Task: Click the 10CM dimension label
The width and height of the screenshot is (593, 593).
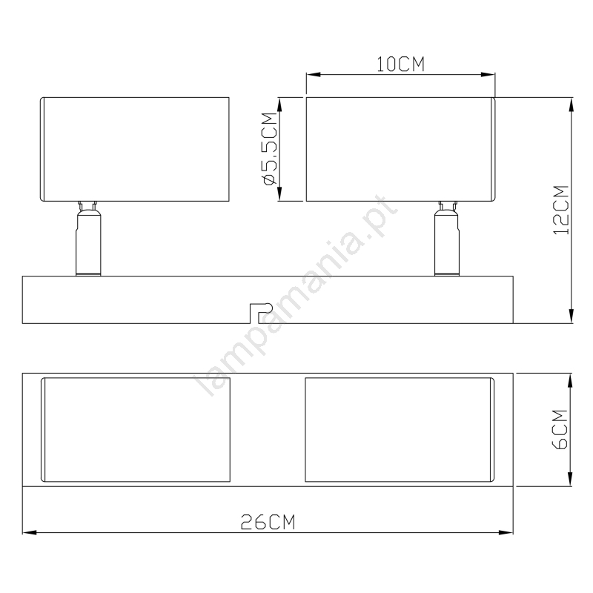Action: tap(400, 64)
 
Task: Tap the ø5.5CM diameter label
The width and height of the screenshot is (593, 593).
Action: tap(271, 149)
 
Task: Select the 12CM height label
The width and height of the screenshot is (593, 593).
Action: tap(561, 210)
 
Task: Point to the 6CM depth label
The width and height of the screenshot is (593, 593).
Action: tap(560, 430)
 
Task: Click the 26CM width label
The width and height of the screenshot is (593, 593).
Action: tap(268, 523)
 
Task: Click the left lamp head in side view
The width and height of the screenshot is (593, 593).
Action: tap(135, 149)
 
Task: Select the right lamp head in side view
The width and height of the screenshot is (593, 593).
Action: tap(400, 149)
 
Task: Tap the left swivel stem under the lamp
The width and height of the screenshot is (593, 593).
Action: tap(88, 238)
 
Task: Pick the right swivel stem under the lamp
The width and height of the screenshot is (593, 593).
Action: tap(447, 238)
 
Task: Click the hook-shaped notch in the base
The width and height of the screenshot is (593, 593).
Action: tap(261, 313)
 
